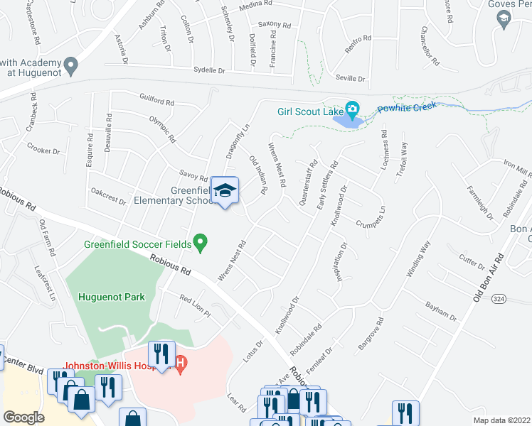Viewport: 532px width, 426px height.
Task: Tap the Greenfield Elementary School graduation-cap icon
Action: (x=225, y=190)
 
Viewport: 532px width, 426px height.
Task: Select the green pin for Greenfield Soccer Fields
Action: (x=201, y=243)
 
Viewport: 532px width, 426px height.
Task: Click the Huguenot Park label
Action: (x=112, y=297)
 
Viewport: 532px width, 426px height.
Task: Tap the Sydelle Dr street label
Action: (x=209, y=70)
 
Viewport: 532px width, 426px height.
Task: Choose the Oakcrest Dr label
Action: (x=109, y=196)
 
